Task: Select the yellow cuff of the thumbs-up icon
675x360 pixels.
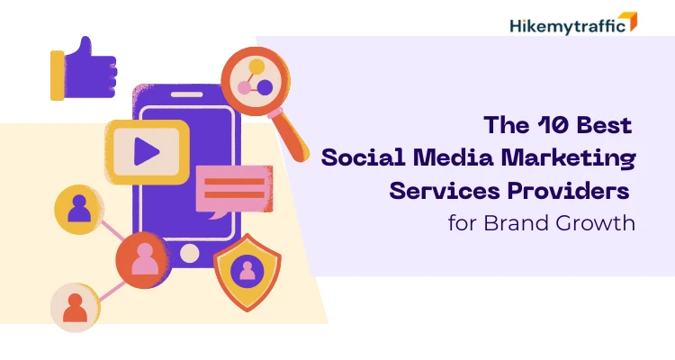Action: pos(57,74)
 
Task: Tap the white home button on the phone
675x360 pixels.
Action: pos(189,253)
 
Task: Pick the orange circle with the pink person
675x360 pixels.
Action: pos(144,260)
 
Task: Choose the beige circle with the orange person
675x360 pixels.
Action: pos(76,308)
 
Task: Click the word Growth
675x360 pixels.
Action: pos(599,222)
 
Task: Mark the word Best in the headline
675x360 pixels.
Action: pos(607,125)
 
